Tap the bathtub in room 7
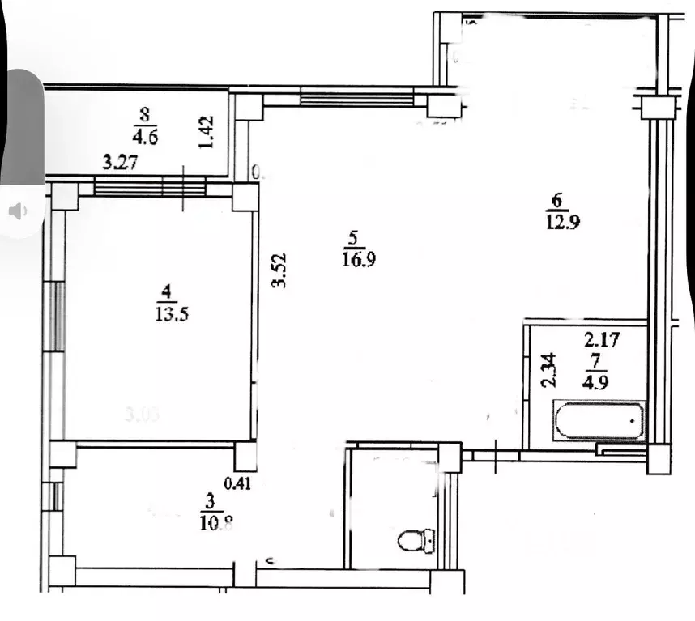click(x=599, y=419)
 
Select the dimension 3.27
click(x=118, y=163)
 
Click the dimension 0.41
click(x=237, y=484)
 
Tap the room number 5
click(x=352, y=240)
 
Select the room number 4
click(x=165, y=291)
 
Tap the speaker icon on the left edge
click(x=17, y=212)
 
